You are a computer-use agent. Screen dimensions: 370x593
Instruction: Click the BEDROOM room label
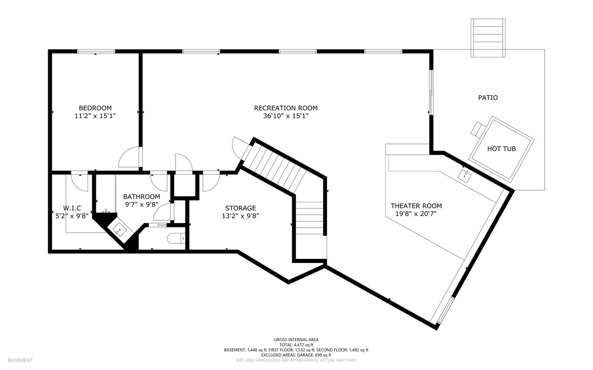[95, 108]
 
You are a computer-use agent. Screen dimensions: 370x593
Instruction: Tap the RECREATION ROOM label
[286, 108]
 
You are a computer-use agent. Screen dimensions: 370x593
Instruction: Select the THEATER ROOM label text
[416, 206]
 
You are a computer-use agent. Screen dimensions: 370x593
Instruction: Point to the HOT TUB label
[501, 149]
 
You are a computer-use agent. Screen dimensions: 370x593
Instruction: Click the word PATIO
[488, 98]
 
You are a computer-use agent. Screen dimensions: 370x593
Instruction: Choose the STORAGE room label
[240, 208]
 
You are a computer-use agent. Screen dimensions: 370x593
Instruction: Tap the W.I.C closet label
[72, 208]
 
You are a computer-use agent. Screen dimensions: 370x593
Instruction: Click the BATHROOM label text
[141, 196]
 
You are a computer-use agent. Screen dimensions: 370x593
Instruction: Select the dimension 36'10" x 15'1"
[286, 116]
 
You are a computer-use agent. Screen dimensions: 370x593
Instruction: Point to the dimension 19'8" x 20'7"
[416, 213]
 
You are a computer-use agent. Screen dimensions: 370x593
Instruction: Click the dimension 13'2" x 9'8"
[240, 216]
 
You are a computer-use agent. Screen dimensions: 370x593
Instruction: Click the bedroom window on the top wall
[96, 51]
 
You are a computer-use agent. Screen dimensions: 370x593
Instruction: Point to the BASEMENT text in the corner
[20, 360]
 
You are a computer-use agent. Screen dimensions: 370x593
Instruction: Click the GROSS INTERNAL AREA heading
[296, 339]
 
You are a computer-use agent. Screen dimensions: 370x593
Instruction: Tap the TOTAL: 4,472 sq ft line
[296, 345]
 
